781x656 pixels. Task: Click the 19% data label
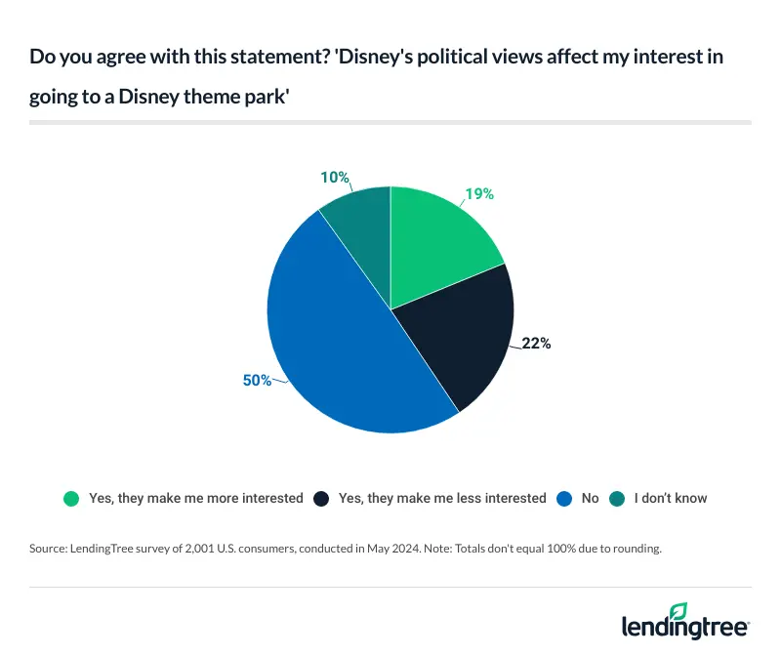tap(478, 193)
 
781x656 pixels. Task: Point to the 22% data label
tap(536, 344)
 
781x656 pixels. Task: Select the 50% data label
tap(257, 380)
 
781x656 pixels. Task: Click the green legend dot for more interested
tap(71, 498)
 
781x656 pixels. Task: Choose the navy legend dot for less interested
tap(321, 498)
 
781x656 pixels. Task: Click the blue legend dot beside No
tap(564, 498)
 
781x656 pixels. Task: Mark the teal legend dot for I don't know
tap(617, 498)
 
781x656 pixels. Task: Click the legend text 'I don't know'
tap(671, 498)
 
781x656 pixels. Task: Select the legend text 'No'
tap(590, 498)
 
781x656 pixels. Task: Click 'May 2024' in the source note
tap(394, 549)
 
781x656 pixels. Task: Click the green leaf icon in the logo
tap(678, 611)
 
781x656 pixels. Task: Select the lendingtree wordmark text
tap(683, 627)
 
